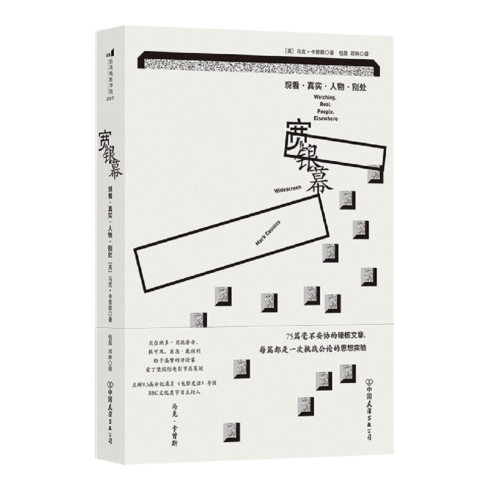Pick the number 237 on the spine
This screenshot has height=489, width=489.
(x=110, y=98)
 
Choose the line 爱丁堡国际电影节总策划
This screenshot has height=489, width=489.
(x=169, y=370)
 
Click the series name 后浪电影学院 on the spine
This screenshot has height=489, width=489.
(x=109, y=75)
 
